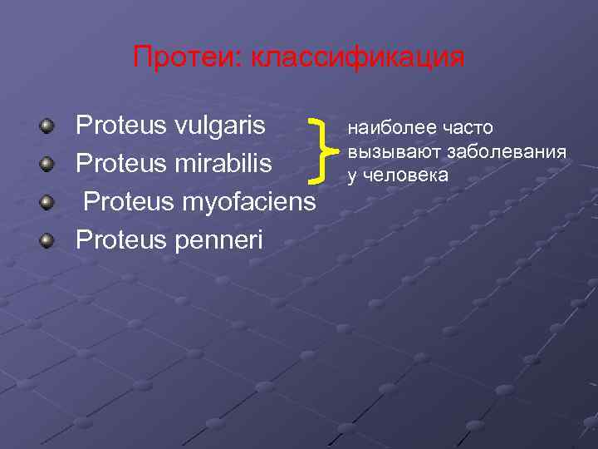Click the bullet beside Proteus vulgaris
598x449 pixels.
[x=50, y=127]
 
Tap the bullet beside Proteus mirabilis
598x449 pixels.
[x=50, y=164]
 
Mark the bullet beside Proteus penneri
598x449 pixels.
[x=50, y=240]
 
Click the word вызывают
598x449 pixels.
[x=394, y=151]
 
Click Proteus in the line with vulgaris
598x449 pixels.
[x=121, y=127]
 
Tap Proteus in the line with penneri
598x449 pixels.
[x=121, y=239]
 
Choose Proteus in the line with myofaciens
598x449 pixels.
[x=128, y=201]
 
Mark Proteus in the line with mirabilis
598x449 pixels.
[x=121, y=164]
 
